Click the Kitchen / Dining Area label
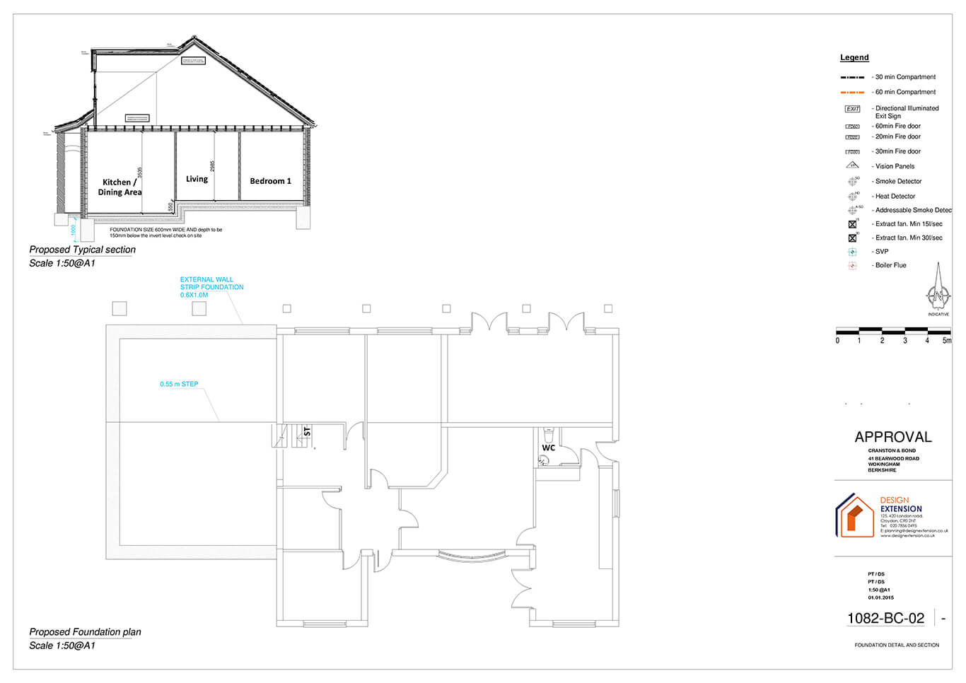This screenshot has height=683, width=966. [120, 187]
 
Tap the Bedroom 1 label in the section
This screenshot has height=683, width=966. [270, 181]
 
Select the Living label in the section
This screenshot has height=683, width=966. [197, 179]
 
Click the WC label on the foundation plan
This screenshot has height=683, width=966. [549, 448]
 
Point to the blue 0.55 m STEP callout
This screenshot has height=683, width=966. [179, 385]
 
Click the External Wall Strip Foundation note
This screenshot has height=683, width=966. [211, 287]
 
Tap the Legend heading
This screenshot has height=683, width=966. [854, 58]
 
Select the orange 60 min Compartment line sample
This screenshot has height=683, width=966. [852, 93]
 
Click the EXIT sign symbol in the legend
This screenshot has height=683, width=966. [852, 109]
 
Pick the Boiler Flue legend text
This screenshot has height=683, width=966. [890, 266]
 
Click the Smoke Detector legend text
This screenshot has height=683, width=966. [898, 182]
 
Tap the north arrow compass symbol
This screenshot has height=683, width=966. [938, 290]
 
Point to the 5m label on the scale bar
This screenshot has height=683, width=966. [947, 341]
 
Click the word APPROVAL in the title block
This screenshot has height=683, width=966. [893, 437]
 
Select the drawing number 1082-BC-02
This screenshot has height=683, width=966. [885, 619]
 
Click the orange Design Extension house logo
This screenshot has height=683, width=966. [855, 515]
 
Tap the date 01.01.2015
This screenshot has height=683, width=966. [880, 598]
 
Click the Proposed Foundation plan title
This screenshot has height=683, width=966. [85, 632]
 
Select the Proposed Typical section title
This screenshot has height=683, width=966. [82, 250]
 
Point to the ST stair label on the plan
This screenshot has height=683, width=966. [307, 431]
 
